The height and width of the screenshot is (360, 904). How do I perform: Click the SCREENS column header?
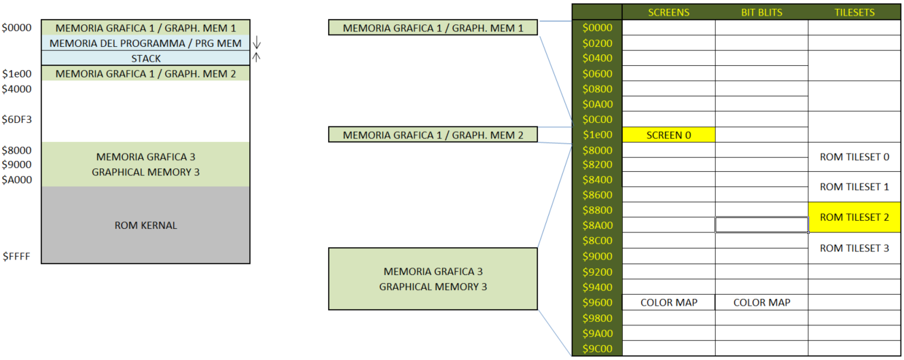668,12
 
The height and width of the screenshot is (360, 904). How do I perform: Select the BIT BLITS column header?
761,12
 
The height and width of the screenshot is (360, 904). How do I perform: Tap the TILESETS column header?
854,12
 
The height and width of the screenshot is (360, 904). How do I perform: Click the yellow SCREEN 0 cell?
668,135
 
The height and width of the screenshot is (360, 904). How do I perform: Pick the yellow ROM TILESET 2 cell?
854,217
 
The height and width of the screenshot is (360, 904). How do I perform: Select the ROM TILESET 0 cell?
854,157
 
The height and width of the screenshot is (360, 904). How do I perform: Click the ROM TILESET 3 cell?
854,248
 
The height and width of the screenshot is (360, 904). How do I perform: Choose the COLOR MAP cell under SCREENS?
668,302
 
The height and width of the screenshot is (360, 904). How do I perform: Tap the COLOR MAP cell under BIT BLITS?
761,302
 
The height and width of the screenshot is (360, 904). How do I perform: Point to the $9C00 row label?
597,348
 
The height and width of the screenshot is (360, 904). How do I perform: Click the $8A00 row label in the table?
597,225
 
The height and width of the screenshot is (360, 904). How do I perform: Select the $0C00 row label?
597,120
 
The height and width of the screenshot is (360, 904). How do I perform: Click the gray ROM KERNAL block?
145,226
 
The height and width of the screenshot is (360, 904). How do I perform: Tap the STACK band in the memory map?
145,58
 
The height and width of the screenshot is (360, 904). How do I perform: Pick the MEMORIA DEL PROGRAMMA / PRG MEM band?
145,43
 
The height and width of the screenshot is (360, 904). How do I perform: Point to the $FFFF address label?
16,257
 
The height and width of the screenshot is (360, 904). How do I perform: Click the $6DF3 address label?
16,120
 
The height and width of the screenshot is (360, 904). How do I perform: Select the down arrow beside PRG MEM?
256,43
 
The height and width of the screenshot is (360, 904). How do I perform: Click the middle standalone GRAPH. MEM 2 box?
433,135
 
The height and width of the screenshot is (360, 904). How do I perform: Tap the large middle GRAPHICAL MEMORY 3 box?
433,279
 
